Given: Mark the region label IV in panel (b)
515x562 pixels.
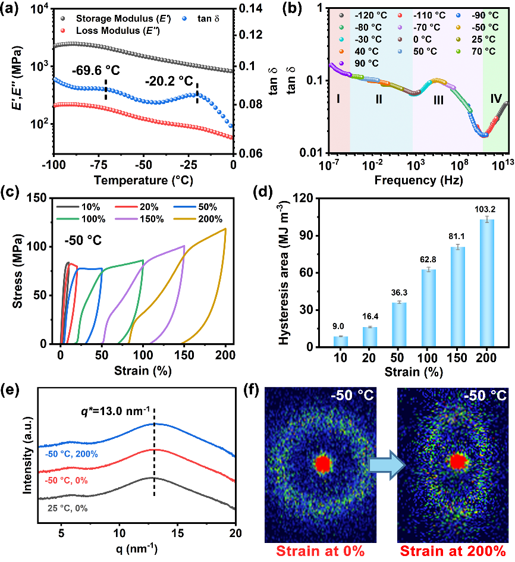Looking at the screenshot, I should click(x=495, y=99).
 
